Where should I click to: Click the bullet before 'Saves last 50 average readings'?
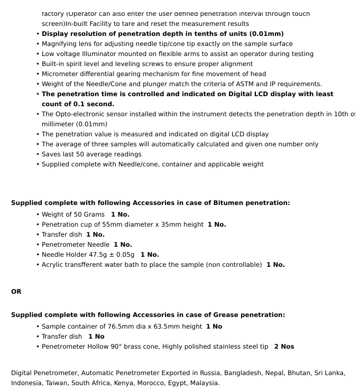[x=38, y=154]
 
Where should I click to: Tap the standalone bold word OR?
[x=16, y=292]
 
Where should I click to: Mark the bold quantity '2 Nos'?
[x=284, y=347]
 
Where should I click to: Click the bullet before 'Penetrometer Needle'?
[x=38, y=245]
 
